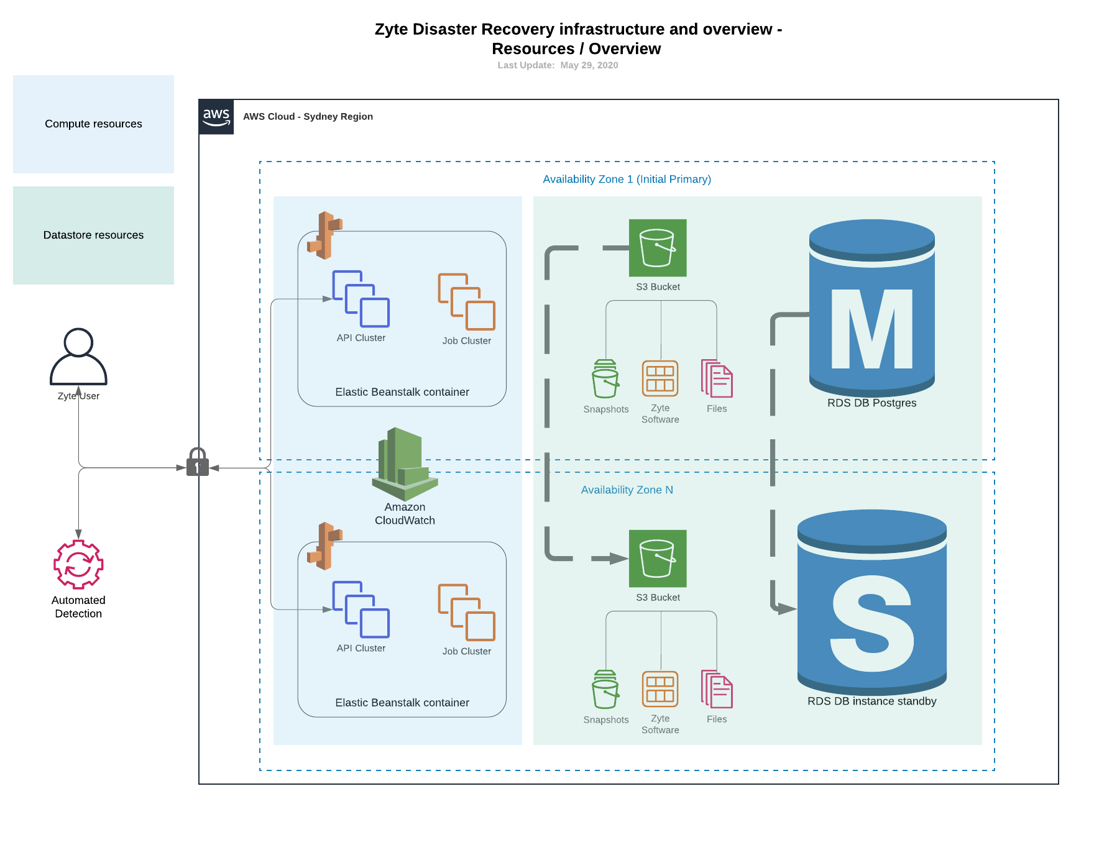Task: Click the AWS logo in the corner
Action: (x=216, y=117)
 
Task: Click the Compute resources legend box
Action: (x=93, y=124)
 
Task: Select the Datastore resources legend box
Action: (x=93, y=235)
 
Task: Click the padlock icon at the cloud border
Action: (x=198, y=462)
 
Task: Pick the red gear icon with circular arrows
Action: (x=78, y=564)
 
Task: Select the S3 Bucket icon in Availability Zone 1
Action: (x=658, y=248)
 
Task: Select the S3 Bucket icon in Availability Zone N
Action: (x=658, y=559)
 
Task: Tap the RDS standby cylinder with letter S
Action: (x=871, y=603)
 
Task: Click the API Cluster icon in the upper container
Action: (x=361, y=299)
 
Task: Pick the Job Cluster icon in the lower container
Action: (x=466, y=612)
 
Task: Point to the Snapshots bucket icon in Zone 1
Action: (x=605, y=379)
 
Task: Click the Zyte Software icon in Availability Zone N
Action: (x=660, y=689)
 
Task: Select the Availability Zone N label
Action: (x=627, y=490)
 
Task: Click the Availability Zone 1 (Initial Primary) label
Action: (x=627, y=180)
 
